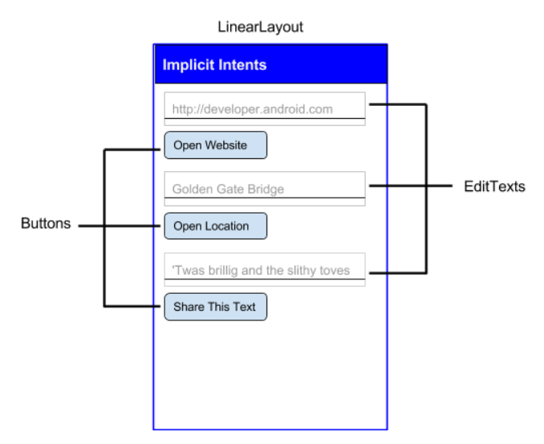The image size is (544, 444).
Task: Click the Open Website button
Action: tap(215, 145)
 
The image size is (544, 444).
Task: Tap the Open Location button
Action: tap(215, 226)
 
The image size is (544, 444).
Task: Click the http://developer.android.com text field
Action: tap(265, 108)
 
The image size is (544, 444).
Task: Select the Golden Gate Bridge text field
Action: tap(265, 188)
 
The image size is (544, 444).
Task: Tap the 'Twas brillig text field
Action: tap(265, 270)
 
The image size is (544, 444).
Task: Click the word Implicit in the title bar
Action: tap(186, 64)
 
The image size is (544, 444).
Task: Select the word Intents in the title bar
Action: tap(239, 64)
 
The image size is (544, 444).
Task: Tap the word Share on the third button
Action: tap(188, 307)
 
